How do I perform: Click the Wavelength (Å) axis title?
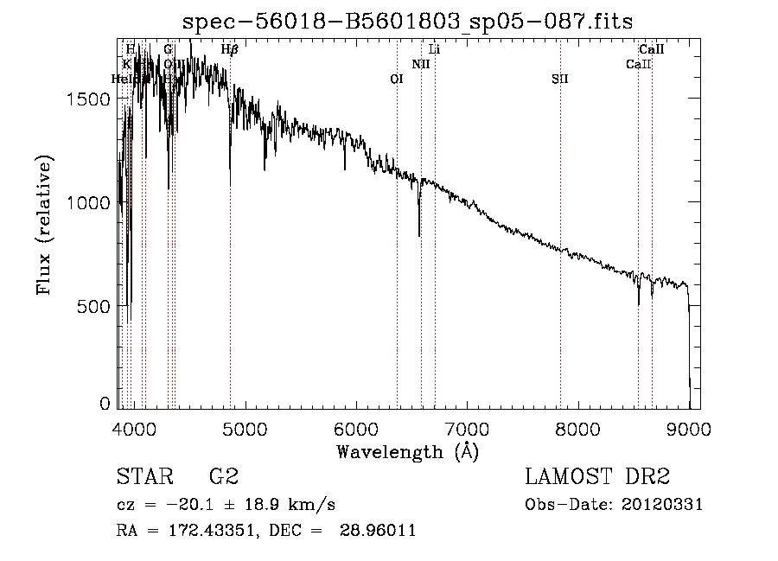coord(407,451)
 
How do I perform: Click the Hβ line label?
coord(229,49)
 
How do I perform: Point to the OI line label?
coord(397,79)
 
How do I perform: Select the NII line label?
coord(421,64)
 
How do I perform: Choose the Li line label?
coord(435,49)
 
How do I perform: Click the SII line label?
coord(559,79)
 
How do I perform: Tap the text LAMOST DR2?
coord(597,477)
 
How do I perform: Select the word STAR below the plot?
coord(146,477)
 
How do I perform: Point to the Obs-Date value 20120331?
coord(665,505)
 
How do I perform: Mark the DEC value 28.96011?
coord(381,531)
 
